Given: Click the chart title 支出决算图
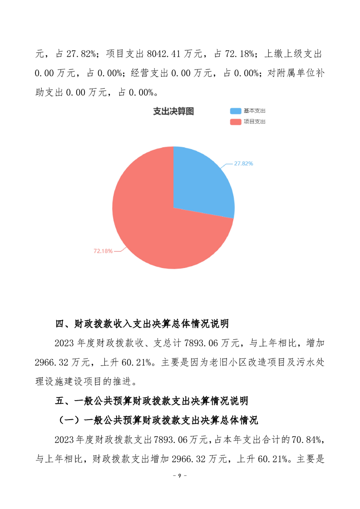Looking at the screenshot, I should (x=173, y=112).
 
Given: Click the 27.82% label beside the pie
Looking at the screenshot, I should (x=243, y=163).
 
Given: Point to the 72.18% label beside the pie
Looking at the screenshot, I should (x=103, y=250).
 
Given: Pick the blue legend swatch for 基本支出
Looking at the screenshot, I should (x=236, y=111).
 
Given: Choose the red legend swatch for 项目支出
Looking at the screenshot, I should (x=236, y=122).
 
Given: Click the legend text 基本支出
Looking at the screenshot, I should (x=255, y=111).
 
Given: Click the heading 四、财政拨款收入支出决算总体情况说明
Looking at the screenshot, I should (x=142, y=324).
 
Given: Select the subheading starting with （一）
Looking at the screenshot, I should (x=158, y=421).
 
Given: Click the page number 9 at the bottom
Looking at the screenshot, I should (x=180, y=475).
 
